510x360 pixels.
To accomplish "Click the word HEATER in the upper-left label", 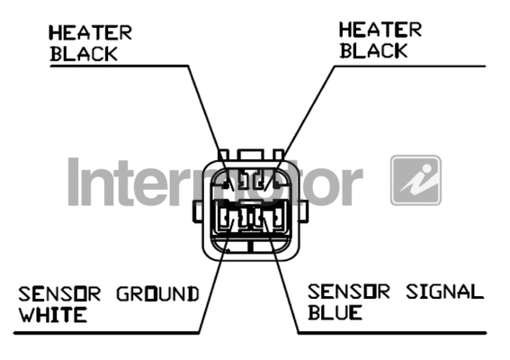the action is (91, 32).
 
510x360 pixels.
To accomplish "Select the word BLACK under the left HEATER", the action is (84, 54).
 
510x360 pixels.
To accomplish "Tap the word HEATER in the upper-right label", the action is (380, 30).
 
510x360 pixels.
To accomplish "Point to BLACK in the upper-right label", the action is (373, 50).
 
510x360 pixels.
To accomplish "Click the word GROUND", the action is (157, 294).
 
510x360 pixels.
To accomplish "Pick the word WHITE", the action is (53, 314).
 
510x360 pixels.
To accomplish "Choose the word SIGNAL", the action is (444, 292).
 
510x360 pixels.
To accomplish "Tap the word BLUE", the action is (335, 312).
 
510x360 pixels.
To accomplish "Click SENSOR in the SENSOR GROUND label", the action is (59, 294).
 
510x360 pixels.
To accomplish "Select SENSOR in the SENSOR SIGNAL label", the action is (349, 292).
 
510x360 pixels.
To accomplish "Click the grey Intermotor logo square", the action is (416, 180).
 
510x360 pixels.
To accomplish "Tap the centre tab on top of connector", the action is (250, 155).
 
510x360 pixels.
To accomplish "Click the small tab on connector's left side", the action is (198, 211).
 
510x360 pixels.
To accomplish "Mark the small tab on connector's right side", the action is (303, 211).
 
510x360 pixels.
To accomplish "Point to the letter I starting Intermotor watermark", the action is (74, 182).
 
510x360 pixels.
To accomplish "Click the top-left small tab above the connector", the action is (224, 155).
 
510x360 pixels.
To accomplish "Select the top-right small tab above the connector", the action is (279, 155).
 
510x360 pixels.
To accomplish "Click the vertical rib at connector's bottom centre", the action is (250, 246).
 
